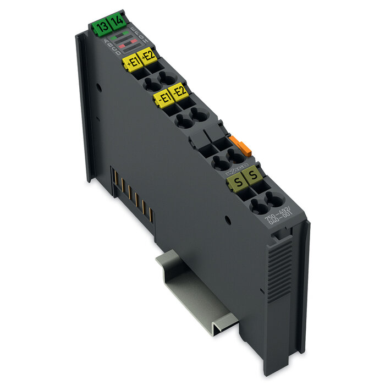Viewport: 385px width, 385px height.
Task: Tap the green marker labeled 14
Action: coord(116,23)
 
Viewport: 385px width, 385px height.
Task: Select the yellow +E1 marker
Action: coord(133,63)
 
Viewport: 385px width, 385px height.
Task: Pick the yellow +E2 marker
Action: coord(148,56)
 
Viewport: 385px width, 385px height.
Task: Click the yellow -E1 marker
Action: coord(163,99)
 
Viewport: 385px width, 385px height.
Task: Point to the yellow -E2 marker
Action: coord(179,92)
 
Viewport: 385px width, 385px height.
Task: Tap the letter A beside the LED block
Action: coord(107,47)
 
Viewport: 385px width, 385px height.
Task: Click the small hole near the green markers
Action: coord(98,86)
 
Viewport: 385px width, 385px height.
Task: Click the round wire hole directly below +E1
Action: coord(150,84)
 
